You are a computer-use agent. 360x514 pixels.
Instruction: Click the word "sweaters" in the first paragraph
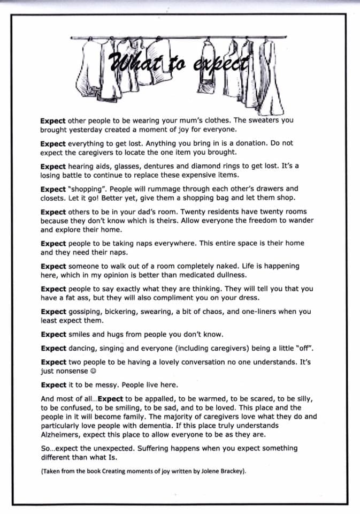coord(266,120)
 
